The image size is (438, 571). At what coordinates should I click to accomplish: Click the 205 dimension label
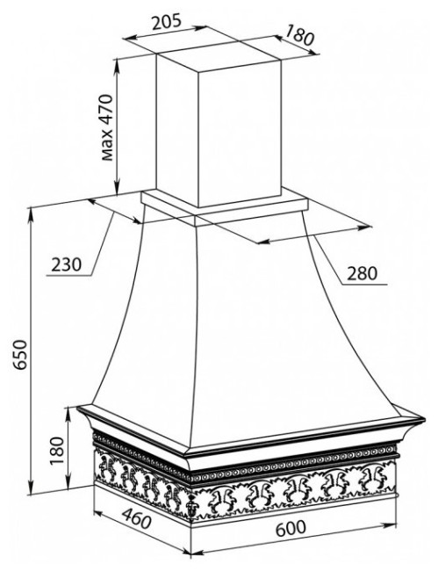point(166,22)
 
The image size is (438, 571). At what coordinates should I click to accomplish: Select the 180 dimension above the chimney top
point(298,34)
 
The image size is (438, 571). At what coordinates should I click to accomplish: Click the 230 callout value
point(66,264)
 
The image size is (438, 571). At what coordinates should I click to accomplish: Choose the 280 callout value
point(362,273)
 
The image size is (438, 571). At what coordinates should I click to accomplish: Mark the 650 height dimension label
point(19,355)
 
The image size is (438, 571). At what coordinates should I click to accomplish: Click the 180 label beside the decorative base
point(57,451)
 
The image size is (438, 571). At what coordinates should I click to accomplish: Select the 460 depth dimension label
point(135,518)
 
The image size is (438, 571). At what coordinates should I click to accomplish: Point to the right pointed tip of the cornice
point(425,420)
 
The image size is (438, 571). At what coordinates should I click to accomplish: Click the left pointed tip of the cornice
point(77,408)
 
